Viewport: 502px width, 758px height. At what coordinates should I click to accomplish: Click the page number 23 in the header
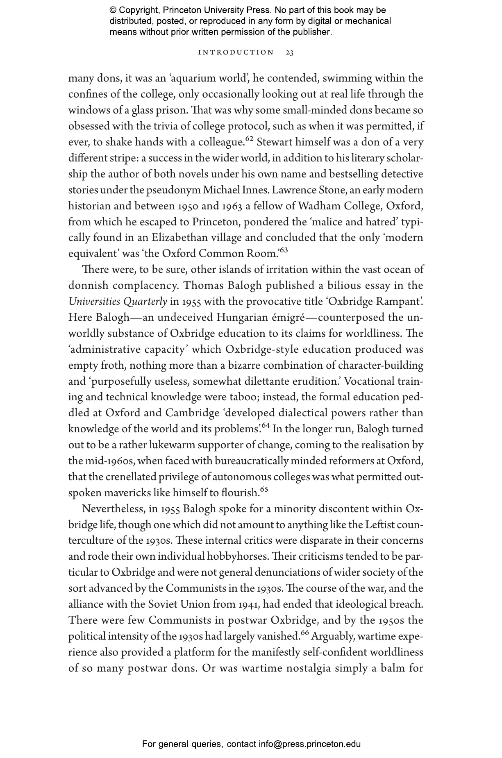[289, 52]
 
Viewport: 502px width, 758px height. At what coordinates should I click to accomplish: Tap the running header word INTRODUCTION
[236, 52]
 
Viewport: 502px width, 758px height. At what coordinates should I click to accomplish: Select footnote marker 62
[250, 139]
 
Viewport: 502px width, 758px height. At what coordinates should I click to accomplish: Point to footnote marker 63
[283, 250]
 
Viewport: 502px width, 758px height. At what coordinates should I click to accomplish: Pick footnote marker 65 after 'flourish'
[264, 490]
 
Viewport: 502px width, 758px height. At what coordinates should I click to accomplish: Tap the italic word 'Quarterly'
[145, 302]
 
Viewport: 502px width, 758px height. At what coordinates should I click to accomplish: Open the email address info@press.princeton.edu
[309, 744]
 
